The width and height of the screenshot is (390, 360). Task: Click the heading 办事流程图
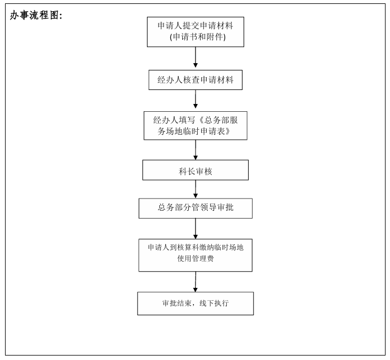[x=36, y=16]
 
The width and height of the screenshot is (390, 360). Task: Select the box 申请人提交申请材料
[x=196, y=32]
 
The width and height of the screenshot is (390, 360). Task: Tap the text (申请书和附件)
[x=198, y=37]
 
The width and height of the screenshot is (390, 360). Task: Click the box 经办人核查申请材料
[x=196, y=80]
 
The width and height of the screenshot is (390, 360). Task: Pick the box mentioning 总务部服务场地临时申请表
[x=196, y=126]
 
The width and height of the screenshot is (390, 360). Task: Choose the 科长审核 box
[x=196, y=170]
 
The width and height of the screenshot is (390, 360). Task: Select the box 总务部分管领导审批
[x=196, y=209]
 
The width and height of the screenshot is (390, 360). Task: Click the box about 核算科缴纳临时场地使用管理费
[x=196, y=255]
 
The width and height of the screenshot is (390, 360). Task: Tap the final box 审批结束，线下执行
[x=196, y=304]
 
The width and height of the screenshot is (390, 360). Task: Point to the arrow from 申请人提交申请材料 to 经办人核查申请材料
[x=196, y=57]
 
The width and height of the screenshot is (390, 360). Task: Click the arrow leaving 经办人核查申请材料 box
[x=196, y=99]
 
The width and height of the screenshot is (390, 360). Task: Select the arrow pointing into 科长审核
[x=196, y=150]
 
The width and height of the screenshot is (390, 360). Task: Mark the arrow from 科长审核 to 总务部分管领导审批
[x=196, y=190]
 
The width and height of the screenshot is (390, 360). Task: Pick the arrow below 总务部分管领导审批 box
[x=196, y=229]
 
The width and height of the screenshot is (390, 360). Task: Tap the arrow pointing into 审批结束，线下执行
[x=196, y=282]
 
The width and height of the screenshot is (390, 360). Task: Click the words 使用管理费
[x=196, y=259]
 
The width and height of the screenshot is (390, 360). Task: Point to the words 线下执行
[x=214, y=304]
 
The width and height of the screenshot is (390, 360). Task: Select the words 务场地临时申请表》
[x=194, y=131]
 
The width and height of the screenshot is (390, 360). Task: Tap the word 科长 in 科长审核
[x=187, y=172]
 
